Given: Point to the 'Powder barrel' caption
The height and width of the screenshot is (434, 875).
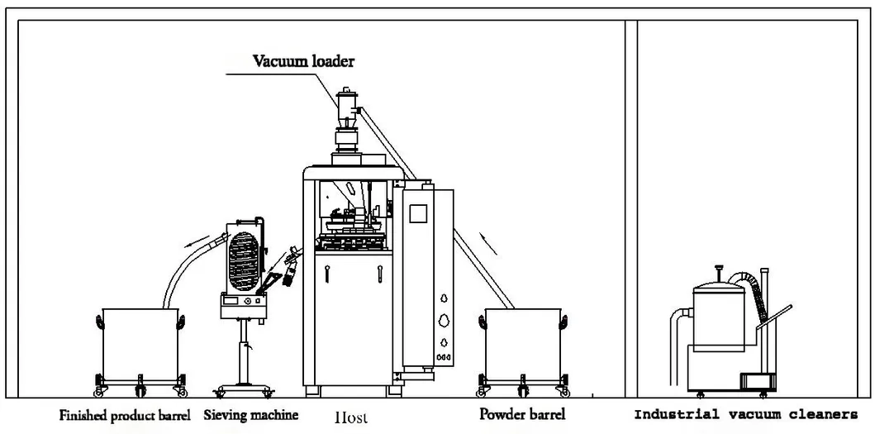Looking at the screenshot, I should click(x=522, y=415).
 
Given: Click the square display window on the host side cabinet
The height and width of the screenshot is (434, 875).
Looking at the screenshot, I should click(x=418, y=212).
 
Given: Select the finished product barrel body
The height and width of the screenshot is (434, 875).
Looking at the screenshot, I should click(x=138, y=342).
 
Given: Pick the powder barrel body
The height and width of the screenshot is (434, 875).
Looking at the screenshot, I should click(x=522, y=342).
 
